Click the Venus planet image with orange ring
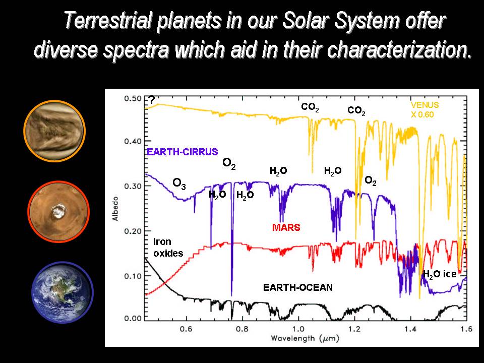[54, 131]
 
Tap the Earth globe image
[62, 292]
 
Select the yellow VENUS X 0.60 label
[424, 109]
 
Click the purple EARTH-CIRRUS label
[182, 151]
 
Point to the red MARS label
[286, 227]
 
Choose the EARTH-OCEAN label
[298, 287]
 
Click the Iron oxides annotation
[167, 248]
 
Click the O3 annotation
[179, 185]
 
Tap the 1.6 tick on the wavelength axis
[465, 328]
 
